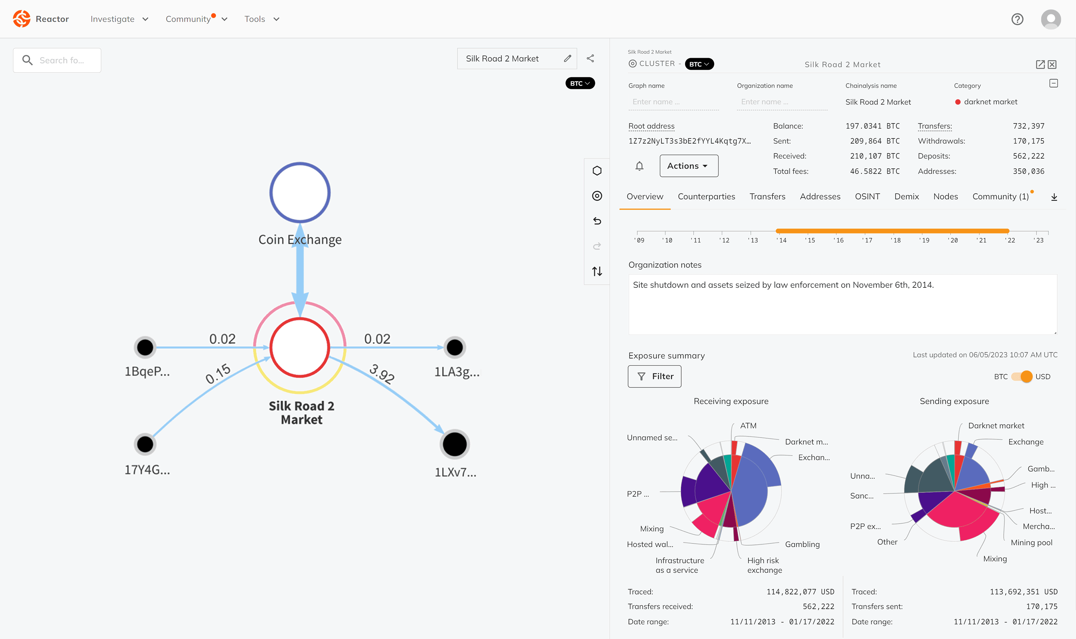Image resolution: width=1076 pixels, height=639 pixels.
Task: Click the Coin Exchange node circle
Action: (300, 192)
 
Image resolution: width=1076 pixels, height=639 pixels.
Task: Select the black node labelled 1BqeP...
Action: (145, 347)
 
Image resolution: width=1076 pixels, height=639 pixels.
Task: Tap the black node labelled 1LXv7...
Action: (454, 444)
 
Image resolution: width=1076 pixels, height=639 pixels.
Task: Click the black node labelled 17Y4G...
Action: (145, 444)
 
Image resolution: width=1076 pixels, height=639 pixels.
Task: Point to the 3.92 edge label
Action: (382, 373)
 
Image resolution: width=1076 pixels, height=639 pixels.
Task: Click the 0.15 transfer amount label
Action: (218, 373)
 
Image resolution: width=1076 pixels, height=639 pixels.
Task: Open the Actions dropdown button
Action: (689, 166)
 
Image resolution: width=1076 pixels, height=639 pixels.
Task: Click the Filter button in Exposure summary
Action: (654, 376)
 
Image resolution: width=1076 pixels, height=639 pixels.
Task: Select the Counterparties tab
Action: (706, 196)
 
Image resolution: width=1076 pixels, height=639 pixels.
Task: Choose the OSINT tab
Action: (867, 196)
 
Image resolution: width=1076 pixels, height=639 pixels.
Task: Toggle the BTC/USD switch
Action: (1022, 376)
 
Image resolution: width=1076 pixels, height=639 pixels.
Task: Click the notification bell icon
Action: (640, 166)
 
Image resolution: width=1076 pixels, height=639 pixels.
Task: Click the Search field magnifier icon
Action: (28, 60)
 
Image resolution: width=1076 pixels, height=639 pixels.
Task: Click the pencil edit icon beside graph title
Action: (568, 58)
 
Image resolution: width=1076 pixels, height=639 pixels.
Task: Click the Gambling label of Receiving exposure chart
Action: (802, 544)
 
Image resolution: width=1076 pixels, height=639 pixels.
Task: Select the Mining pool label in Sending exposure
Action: (1031, 542)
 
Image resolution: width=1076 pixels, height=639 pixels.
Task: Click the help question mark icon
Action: (1018, 19)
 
